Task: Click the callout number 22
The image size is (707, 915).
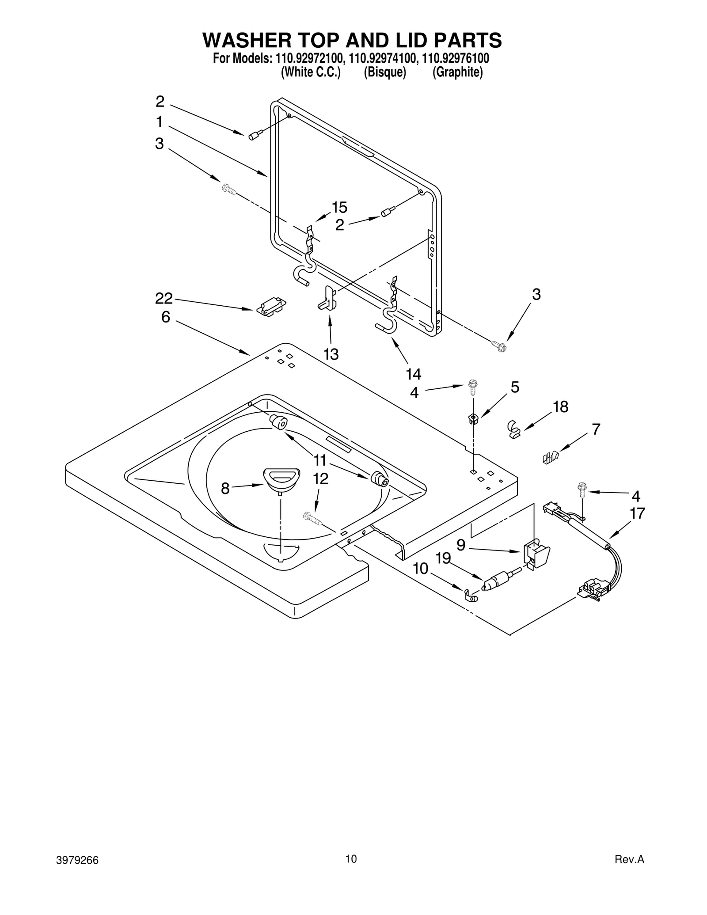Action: coord(163,299)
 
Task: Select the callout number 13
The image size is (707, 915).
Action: coord(331,354)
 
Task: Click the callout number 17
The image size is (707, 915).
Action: coord(637,513)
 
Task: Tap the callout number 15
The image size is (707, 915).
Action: coord(339,207)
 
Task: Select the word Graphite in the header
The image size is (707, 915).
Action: coord(457,72)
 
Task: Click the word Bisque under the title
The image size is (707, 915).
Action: coord(384,72)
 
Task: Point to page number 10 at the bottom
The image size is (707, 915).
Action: coord(351,859)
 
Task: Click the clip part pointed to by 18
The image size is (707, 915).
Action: coord(513,429)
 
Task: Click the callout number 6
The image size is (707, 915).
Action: coord(165,317)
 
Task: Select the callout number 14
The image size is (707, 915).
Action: coord(414,375)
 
